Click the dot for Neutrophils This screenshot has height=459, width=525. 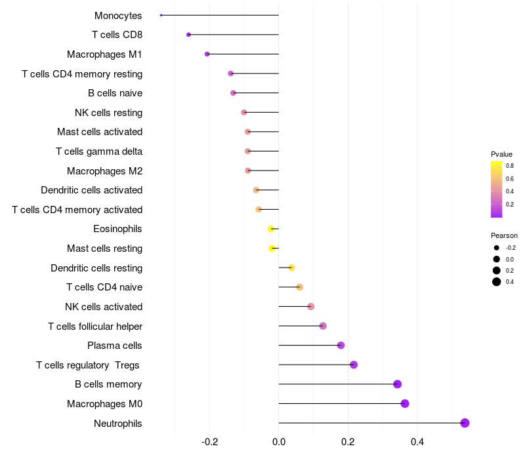[465, 423]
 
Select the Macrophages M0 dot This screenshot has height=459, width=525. [405, 403]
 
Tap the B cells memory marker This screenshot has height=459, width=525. [397, 384]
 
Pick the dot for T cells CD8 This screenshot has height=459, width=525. [188, 35]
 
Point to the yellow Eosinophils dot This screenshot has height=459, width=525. [271, 229]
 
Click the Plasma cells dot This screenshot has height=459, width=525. [341, 346]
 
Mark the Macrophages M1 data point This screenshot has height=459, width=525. [207, 54]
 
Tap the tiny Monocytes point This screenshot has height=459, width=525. [161, 15]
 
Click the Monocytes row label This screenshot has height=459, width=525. [118, 16]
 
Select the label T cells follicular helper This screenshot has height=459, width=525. [95, 327]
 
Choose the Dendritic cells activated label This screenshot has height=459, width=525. [91, 190]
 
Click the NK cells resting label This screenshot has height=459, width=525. [109, 113]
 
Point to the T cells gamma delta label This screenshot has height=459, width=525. [99, 151]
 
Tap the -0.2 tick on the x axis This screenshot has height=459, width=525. [209, 442]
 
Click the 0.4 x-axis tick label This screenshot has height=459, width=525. [417, 442]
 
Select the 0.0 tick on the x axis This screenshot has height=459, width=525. [279, 442]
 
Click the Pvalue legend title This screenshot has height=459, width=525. [501, 154]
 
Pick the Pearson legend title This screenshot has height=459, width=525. [504, 235]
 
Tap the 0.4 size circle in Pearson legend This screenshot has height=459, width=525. [497, 282]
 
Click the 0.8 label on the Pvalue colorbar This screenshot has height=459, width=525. [510, 166]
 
